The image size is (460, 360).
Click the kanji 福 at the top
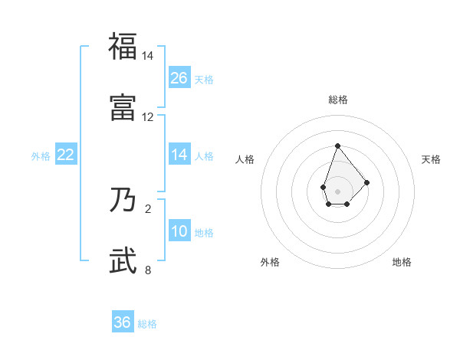[123, 46]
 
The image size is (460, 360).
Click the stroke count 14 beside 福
[148, 57]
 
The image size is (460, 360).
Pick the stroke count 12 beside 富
[148, 117]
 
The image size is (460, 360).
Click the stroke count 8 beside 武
[148, 270]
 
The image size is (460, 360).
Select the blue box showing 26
[179, 77]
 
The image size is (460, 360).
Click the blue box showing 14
[179, 155]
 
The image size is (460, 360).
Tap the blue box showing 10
[179, 231]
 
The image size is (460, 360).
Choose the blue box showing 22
[66, 155]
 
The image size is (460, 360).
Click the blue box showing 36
[123, 322]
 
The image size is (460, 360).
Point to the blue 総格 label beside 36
[147, 324]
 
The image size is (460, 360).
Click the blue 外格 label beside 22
[41, 156]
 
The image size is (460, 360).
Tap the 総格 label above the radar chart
[337, 100]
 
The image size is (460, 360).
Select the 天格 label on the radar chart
[432, 159]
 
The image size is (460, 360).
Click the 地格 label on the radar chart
[402, 262]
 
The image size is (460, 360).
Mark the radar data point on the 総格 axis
[337, 145]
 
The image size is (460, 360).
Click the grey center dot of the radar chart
[337, 190]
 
